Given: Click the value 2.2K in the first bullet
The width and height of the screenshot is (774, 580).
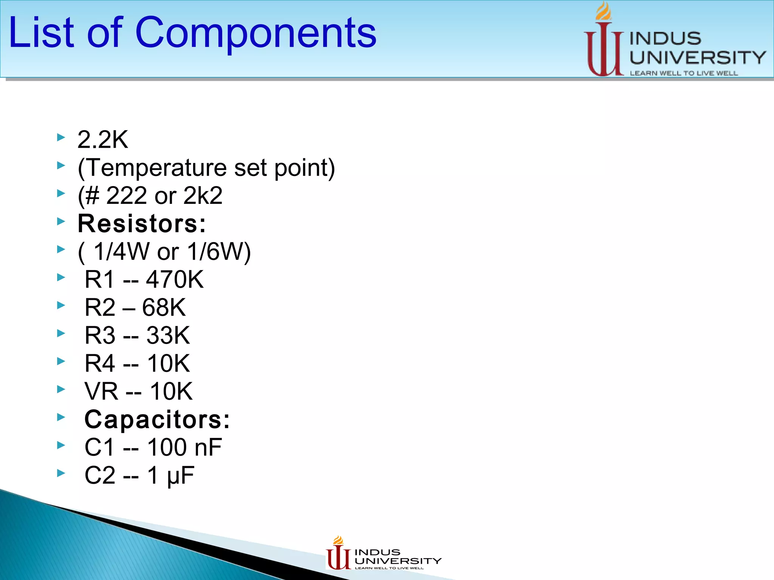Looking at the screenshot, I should (x=103, y=139).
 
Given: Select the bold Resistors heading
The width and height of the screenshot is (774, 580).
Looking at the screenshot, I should (x=142, y=224).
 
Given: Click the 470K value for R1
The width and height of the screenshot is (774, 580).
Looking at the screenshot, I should (x=175, y=279).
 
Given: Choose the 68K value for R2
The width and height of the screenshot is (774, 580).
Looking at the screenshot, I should (x=164, y=307).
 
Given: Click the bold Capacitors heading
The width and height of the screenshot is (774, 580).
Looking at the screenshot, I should (x=157, y=419).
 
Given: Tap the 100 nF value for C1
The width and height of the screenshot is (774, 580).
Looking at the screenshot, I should (x=184, y=447).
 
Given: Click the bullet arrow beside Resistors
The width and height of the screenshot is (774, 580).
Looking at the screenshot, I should (x=61, y=221).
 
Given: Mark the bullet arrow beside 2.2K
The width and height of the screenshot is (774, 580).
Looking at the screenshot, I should (x=61, y=137).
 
